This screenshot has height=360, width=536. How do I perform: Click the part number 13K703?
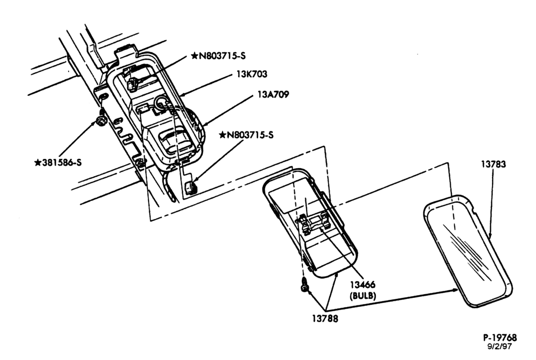pyautogui.click(x=252, y=74)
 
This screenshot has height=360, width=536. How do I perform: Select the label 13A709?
pyautogui.click(x=273, y=94)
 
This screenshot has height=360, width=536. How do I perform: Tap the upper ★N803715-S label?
pyautogui.click(x=219, y=56)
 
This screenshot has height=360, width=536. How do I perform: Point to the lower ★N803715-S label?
pyautogui.click(x=247, y=135)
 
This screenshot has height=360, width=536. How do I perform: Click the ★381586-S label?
pyautogui.click(x=58, y=162)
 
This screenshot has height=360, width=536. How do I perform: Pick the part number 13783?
pyautogui.click(x=494, y=164)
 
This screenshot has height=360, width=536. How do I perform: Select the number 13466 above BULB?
pyautogui.click(x=363, y=284)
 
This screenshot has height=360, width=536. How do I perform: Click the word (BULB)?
pyautogui.click(x=363, y=296)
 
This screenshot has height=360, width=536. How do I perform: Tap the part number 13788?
pyautogui.click(x=325, y=319)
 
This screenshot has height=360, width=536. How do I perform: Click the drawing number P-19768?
pyautogui.click(x=500, y=338)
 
